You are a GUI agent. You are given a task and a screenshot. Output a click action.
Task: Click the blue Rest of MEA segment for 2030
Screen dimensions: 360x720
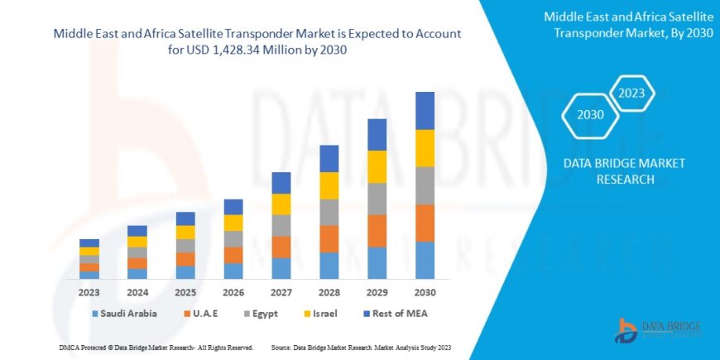425,110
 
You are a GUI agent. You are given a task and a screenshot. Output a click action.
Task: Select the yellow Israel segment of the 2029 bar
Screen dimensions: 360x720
377,166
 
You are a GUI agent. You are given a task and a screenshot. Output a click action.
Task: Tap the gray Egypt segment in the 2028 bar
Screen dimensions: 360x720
329,212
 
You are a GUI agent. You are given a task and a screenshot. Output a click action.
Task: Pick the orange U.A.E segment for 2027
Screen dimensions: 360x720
281,247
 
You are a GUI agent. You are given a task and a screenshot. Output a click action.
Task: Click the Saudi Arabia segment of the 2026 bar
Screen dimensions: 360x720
233,271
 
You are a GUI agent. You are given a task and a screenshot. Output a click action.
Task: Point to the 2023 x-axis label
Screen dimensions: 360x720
89,292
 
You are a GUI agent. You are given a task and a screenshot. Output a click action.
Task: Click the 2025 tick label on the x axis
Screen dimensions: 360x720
185,292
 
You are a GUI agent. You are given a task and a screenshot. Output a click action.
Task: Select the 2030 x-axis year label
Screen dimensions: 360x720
425,292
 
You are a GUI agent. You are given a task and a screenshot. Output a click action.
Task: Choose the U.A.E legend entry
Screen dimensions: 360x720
206,314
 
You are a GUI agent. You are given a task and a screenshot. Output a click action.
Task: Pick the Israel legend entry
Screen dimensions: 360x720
326,314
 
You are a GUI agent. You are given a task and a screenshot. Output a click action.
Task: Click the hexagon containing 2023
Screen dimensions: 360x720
631,92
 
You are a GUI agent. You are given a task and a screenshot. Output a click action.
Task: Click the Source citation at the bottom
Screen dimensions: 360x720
360,347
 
